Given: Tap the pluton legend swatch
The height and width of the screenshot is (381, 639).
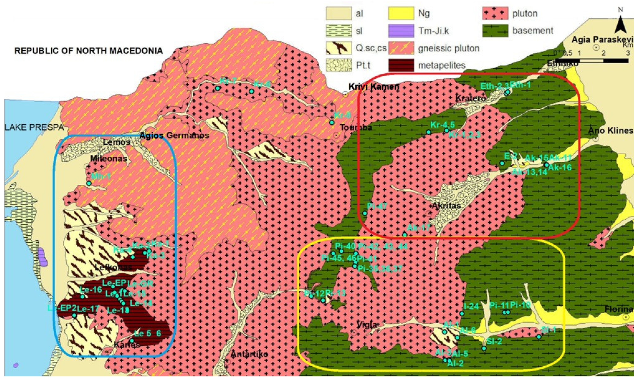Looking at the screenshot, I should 495,13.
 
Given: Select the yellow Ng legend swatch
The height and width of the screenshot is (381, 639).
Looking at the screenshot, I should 401,13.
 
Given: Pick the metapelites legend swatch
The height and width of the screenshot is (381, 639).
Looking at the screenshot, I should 401,65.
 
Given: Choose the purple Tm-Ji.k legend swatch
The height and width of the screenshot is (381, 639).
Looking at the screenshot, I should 401,31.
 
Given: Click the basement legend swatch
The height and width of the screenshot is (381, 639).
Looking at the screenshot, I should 495,31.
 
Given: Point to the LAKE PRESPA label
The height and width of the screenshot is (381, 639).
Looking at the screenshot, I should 34,128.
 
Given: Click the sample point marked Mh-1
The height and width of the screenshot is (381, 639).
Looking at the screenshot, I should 89,183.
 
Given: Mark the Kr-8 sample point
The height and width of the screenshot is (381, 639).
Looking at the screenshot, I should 332,123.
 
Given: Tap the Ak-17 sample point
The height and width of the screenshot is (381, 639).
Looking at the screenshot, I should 405,234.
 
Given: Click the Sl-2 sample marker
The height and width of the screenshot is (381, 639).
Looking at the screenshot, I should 484,348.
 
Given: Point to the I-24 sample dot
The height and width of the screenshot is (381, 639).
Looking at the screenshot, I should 462,314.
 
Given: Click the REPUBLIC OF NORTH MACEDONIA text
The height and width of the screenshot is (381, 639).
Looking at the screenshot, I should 89,51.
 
